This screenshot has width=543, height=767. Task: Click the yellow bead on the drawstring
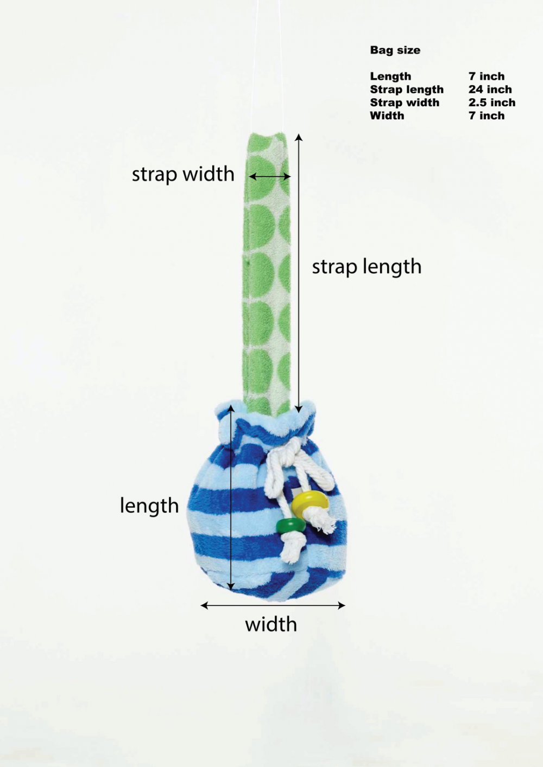(x=310, y=501)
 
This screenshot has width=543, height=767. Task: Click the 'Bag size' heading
(x=395, y=50)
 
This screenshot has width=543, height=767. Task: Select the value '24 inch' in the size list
(x=490, y=90)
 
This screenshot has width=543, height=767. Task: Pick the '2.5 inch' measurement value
(x=492, y=103)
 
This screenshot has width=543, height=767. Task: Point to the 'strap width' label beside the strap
(x=183, y=175)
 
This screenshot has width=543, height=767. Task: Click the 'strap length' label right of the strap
(x=367, y=267)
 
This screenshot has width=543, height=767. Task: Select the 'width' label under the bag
(x=271, y=624)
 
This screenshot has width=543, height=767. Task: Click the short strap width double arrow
(x=270, y=177)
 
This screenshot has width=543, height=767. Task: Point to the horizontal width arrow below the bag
(x=273, y=605)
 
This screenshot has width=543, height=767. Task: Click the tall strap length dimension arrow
(x=299, y=273)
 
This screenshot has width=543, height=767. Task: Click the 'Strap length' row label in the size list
(x=407, y=90)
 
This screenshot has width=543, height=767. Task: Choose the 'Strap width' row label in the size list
(x=405, y=103)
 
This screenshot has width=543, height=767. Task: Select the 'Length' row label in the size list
(x=390, y=76)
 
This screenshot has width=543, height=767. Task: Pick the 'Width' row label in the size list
(x=387, y=116)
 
